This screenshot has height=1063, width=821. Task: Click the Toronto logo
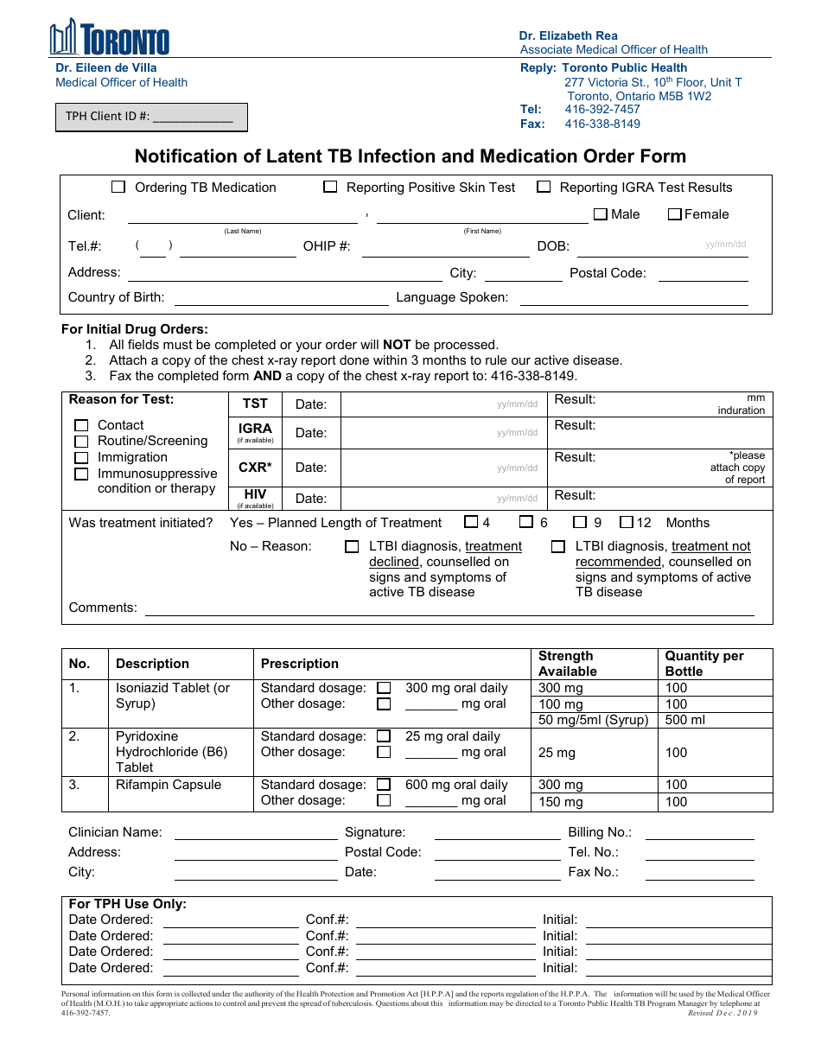109,38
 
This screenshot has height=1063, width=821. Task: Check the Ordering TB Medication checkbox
118,187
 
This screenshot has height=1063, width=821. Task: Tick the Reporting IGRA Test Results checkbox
544,187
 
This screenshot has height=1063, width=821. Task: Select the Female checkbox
675,214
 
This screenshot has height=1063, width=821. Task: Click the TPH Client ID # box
152,117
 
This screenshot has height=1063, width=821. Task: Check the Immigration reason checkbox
81,457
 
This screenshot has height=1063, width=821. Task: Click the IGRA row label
255,429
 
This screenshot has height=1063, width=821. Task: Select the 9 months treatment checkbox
580,522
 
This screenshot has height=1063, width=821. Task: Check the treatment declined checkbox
352,546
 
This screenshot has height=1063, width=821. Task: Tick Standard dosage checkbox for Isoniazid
384,688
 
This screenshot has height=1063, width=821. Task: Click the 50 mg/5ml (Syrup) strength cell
593,720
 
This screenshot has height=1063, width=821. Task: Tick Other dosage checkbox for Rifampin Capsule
384,800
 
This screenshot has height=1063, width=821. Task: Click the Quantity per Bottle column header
703,663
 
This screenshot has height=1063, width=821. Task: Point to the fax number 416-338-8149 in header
602,124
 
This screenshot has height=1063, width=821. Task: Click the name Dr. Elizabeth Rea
568,35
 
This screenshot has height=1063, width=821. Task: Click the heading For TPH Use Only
128,904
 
